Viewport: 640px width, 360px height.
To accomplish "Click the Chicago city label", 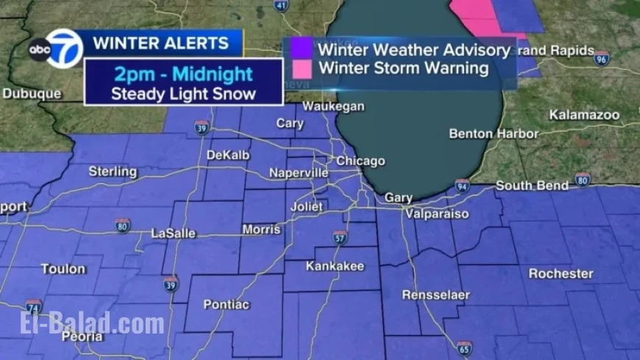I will pyautogui.click(x=360, y=161).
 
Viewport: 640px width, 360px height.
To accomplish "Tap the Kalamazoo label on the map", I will pyautogui.click(x=584, y=115).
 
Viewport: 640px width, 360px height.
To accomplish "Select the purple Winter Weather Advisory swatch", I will pyautogui.click(x=302, y=49).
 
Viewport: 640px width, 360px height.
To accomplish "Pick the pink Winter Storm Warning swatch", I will pyautogui.click(x=302, y=68).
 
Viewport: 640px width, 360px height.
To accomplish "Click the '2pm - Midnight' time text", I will pyautogui.click(x=183, y=74).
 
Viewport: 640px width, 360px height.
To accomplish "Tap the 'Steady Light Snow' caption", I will pyautogui.click(x=183, y=93).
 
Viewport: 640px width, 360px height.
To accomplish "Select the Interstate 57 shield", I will pyautogui.click(x=339, y=237).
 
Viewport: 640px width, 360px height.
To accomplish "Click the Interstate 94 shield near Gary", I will pyautogui.click(x=462, y=185).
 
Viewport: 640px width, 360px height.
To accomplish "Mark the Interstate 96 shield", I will pyautogui.click(x=602, y=58).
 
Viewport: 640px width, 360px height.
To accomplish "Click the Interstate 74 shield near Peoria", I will pyautogui.click(x=33, y=307).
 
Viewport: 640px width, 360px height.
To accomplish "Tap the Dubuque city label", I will pyautogui.click(x=32, y=94).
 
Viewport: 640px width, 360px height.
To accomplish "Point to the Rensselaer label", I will pyautogui.click(x=435, y=295).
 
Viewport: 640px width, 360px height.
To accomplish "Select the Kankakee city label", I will pyautogui.click(x=335, y=266).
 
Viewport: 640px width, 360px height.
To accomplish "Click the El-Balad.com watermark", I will pyautogui.click(x=92, y=324).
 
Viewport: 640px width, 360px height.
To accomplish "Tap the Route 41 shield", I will pyautogui.click(x=281, y=6).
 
